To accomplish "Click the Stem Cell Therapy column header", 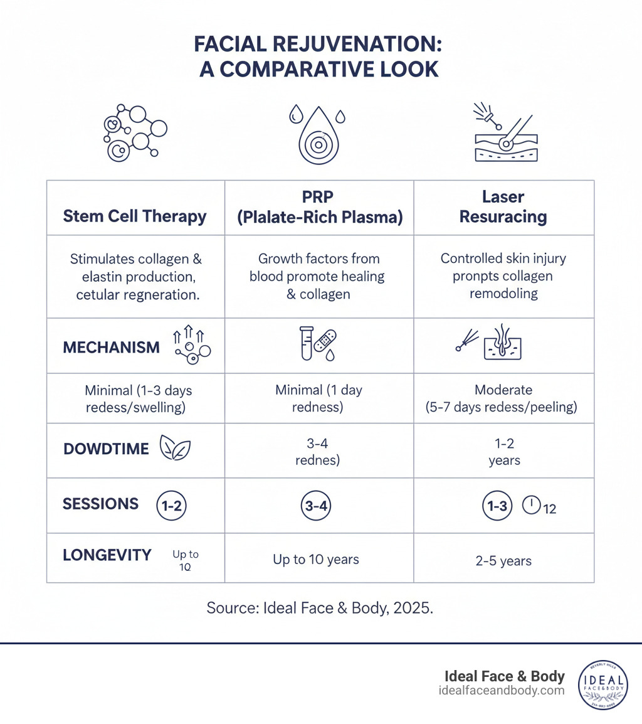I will tap(135, 217).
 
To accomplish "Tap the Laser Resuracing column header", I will tap(503, 208).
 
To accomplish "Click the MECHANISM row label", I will tap(112, 347).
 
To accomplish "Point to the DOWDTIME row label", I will tap(107, 449).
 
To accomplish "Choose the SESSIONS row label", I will tap(101, 504).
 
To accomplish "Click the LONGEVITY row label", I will tap(107, 555).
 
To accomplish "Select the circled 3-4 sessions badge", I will tap(316, 506).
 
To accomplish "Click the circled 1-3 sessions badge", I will tap(497, 506).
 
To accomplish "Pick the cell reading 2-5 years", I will tap(503, 560).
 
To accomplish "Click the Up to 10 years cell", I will tap(316, 559).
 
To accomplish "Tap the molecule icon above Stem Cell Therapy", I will tap(134, 133).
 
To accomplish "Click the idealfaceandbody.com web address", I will tap(502, 691).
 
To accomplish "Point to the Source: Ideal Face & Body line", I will tap(320, 609).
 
